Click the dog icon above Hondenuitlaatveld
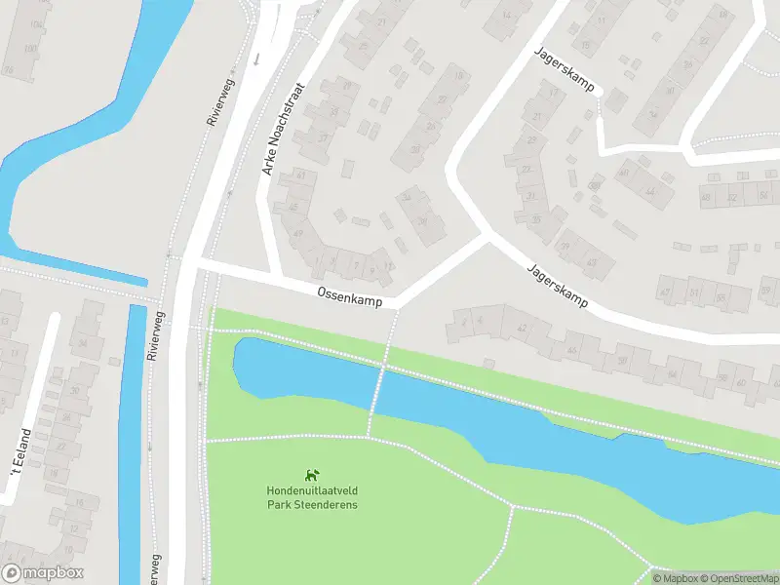[312, 476]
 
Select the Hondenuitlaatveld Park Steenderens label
[312, 497]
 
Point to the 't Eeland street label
[19, 452]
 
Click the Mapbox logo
[43, 573]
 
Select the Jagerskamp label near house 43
[557, 286]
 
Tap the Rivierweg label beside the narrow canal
[153, 333]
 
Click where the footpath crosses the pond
[379, 389]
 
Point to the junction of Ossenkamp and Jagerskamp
[485, 237]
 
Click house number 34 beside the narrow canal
[82, 342]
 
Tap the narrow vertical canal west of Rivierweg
[131, 439]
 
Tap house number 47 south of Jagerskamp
[667, 291]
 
